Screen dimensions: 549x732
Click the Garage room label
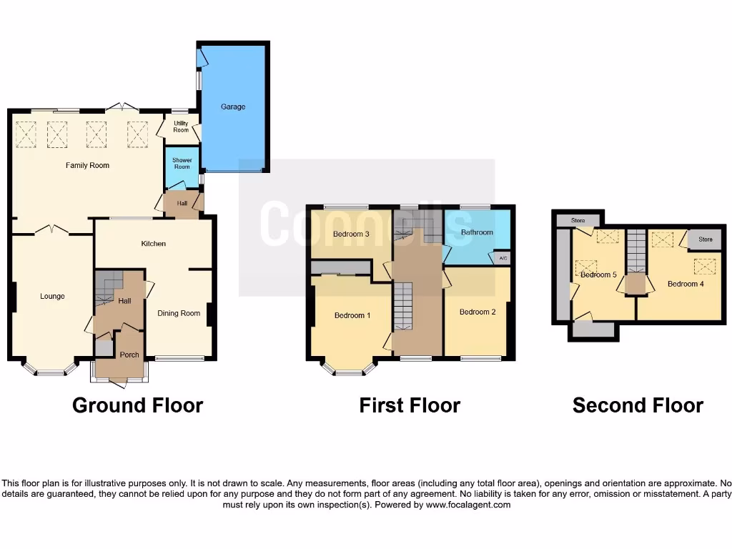[x=233, y=107]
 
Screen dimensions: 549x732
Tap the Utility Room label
[x=181, y=127]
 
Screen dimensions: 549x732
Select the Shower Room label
[x=182, y=163]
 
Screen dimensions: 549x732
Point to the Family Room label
[x=88, y=165]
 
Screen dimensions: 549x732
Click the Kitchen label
[x=154, y=244]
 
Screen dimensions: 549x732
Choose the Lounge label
[x=52, y=296]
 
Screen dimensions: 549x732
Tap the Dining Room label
[x=179, y=313]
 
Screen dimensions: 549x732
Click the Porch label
[x=129, y=355]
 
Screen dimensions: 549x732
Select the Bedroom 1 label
[x=352, y=315]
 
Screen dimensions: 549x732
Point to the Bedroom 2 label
[x=478, y=312]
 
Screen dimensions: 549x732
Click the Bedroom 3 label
[x=351, y=234]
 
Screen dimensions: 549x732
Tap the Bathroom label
[x=477, y=232]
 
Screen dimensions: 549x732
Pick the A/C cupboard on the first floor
[x=503, y=258]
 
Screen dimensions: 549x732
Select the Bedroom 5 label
[x=598, y=274]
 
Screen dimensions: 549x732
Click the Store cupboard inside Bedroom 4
[x=706, y=239]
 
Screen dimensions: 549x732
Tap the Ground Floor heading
[x=137, y=405]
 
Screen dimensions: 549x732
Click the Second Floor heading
[x=638, y=405]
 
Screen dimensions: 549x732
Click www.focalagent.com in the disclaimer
[x=468, y=505]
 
